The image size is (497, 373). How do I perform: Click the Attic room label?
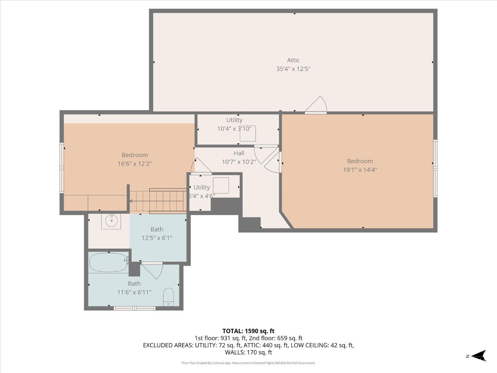coord(293,60)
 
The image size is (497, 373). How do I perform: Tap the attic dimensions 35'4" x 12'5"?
coord(293,69)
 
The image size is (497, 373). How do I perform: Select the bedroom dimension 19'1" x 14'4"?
coord(360,170)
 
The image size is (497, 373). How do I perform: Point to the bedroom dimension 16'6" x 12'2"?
coord(135,164)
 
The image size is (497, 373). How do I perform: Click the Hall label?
coord(239,153)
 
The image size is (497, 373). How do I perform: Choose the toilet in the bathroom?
coord(168,297)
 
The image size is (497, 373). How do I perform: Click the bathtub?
coord(108,263)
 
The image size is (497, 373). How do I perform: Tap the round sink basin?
coord(111,220)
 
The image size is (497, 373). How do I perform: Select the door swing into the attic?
coord(316,104)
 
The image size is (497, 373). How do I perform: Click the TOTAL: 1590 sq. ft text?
coord(248,331)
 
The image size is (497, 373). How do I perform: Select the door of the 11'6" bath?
coord(152,271)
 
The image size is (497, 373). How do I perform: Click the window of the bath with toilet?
coord(135,308)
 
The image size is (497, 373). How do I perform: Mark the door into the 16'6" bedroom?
coord(201,166)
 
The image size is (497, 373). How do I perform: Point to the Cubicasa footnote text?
coord(248,363)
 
